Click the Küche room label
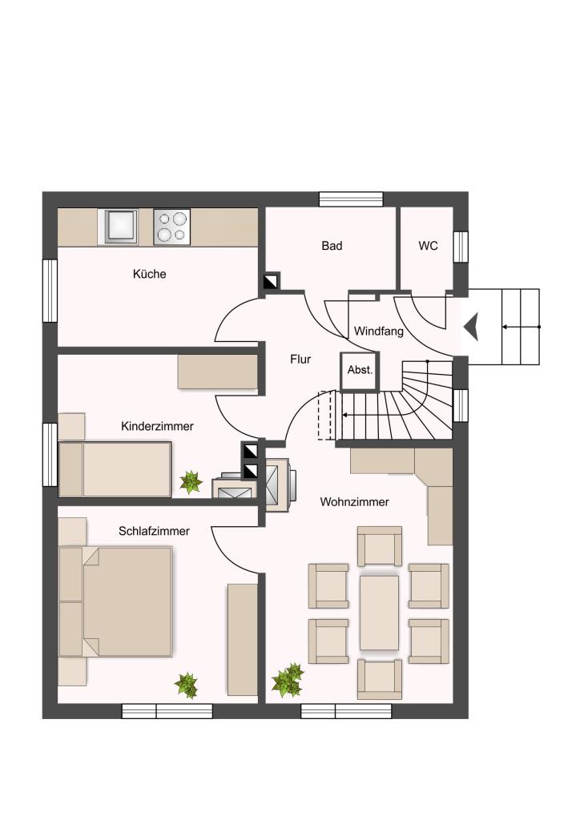click(x=150, y=274)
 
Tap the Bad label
click(x=332, y=245)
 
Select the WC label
click(x=429, y=245)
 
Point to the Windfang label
click(x=379, y=331)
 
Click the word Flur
click(x=300, y=360)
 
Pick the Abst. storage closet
click(x=360, y=372)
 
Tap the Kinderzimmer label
click(x=158, y=426)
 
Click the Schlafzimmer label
click(x=155, y=532)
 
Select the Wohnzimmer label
click(x=355, y=502)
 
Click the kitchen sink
click(x=121, y=227)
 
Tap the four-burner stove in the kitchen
click(x=172, y=227)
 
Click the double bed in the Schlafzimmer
click(x=115, y=601)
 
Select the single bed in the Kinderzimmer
click(x=115, y=469)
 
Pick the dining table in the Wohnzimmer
click(x=379, y=613)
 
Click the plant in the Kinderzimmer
click(x=191, y=482)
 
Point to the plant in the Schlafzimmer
click(x=186, y=685)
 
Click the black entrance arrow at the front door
click(x=471, y=327)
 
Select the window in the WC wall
click(x=461, y=247)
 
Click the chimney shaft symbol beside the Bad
click(x=272, y=283)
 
